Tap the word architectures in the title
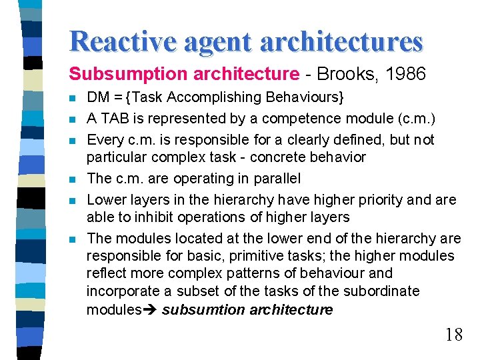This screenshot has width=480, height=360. (341, 41)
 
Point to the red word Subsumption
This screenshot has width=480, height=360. (116, 74)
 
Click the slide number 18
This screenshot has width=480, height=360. (453, 335)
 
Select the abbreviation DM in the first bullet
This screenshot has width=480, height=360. (99, 97)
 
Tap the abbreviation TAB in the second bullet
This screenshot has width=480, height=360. (113, 119)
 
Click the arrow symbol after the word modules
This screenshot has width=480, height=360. (150, 309)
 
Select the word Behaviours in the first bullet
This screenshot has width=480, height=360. (304, 97)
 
